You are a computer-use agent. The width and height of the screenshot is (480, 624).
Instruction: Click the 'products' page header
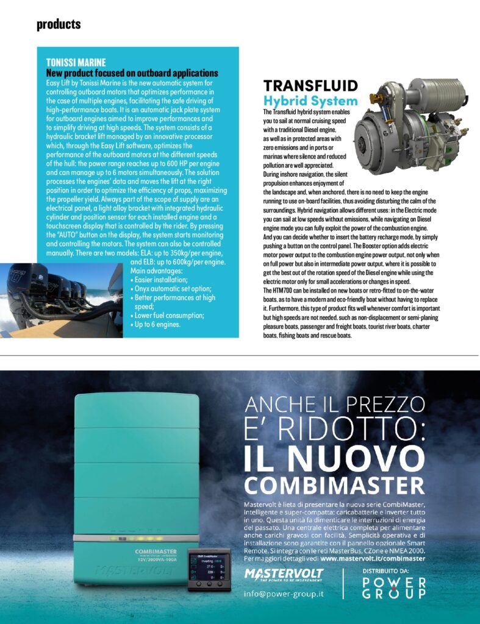(59, 24)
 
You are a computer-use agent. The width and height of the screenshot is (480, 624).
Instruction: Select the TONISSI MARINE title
(76, 62)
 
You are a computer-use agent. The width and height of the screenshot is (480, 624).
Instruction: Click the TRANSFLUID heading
(310, 86)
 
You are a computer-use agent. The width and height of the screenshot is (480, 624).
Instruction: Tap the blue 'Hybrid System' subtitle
(310, 100)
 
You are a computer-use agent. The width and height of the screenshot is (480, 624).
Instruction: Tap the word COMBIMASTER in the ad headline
(334, 486)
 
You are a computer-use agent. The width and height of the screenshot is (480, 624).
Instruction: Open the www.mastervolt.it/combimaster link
(372, 558)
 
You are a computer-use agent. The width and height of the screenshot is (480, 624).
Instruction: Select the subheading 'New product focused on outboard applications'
(132, 73)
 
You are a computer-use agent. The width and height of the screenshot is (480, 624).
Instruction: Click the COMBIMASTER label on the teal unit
(151, 551)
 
